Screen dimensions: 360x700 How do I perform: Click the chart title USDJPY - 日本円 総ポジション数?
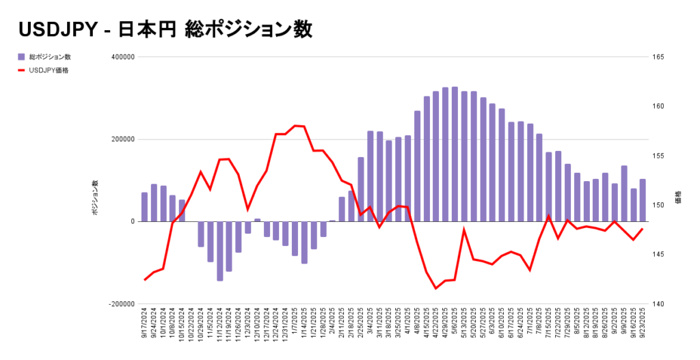165,29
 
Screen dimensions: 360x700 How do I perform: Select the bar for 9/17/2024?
144,207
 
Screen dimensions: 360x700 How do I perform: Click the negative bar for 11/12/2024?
220,251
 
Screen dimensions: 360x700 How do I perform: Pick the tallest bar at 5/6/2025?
455,154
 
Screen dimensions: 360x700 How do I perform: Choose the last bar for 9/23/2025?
643,200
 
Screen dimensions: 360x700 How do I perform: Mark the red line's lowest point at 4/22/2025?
435,288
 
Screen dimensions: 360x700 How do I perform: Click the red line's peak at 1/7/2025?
295,126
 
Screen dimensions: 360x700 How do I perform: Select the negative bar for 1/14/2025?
304,243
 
